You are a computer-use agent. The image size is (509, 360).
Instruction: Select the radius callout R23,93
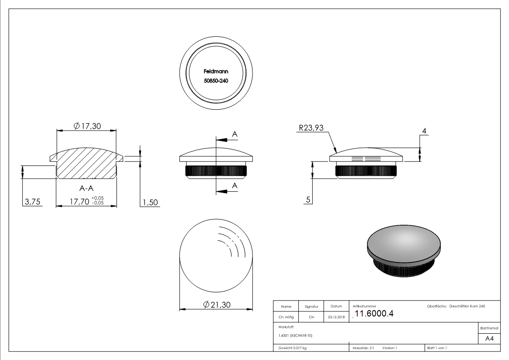tap(310, 128)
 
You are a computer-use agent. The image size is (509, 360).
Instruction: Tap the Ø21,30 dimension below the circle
tap(216, 305)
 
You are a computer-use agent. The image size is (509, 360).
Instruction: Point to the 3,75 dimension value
tap(32, 202)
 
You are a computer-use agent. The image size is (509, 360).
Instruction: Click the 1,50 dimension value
tap(150, 202)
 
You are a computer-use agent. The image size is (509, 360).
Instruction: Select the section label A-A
tap(86, 188)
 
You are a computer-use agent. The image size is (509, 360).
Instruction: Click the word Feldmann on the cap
tap(216, 71)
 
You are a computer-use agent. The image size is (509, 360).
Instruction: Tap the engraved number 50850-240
tap(216, 80)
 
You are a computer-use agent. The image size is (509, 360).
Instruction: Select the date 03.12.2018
tap(336, 317)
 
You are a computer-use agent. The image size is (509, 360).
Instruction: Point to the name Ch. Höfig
tap(286, 317)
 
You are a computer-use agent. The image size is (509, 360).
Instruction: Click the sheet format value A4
tap(489, 339)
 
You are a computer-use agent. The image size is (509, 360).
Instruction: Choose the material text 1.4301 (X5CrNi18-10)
tap(296, 336)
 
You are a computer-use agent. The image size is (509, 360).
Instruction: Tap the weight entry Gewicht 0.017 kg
tap(293, 348)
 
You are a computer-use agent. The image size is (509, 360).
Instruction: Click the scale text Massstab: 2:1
tap(363, 348)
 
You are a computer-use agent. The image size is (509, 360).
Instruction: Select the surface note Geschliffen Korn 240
tap(467, 306)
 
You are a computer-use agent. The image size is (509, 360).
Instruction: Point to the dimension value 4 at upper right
tap(424, 131)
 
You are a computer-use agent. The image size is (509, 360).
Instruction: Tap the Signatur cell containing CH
tap(311, 317)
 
